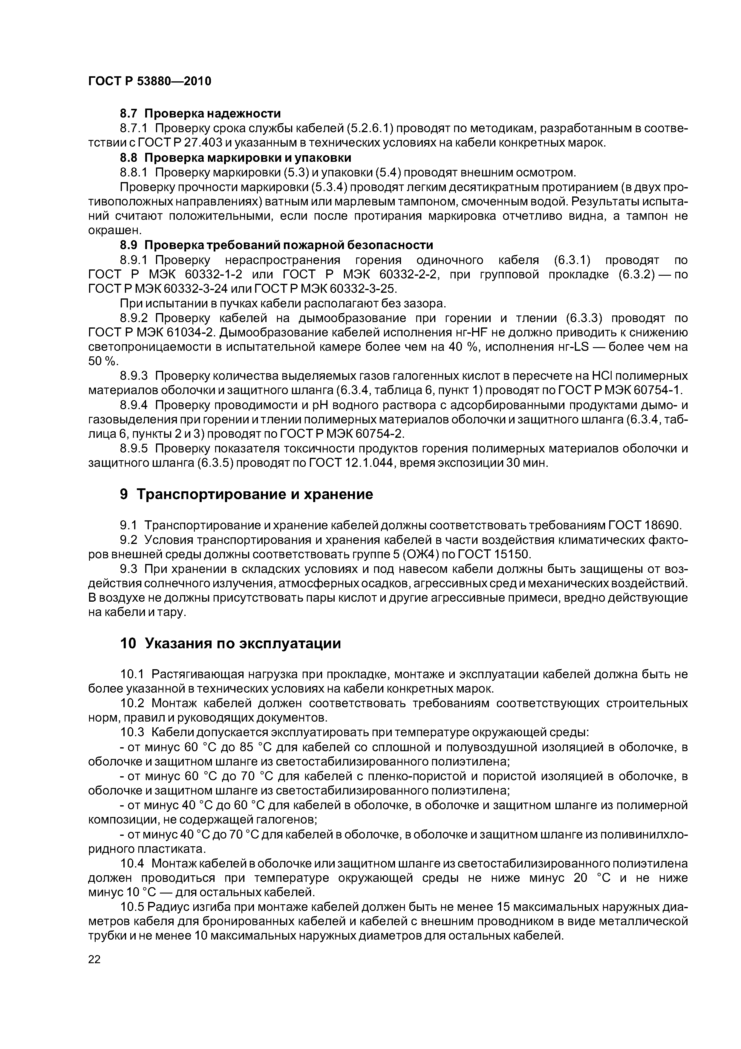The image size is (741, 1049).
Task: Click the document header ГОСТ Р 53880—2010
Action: [x=150, y=81]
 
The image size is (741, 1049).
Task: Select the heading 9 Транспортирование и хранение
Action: [x=246, y=494]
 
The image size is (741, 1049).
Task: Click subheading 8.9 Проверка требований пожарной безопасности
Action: [x=276, y=245]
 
